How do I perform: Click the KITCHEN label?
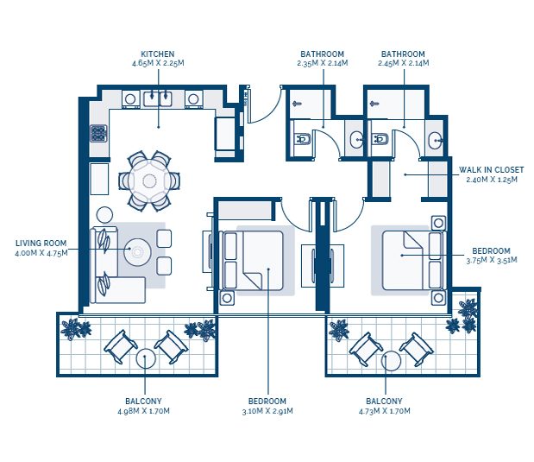[x=158, y=54]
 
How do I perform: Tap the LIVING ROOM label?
[x=41, y=244]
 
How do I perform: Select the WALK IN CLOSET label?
[x=491, y=170]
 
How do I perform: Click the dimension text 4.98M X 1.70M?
[x=143, y=411]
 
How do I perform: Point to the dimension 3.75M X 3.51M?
[x=492, y=260]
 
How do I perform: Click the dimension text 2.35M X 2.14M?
[x=322, y=63]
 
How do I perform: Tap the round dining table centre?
[x=149, y=180]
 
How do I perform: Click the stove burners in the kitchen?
[x=98, y=133]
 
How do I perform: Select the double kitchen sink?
[x=157, y=98]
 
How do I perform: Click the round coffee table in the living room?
[x=137, y=252]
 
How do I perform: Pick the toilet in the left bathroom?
[x=302, y=139]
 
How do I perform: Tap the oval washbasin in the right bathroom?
[x=436, y=140]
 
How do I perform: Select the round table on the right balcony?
[x=391, y=361]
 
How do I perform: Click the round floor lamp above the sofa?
[x=104, y=215]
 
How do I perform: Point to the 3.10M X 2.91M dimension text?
[x=267, y=411]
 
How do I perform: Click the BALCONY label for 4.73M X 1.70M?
[x=384, y=401]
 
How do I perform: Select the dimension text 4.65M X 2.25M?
[x=158, y=63]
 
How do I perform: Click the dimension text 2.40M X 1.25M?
[x=492, y=180]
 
